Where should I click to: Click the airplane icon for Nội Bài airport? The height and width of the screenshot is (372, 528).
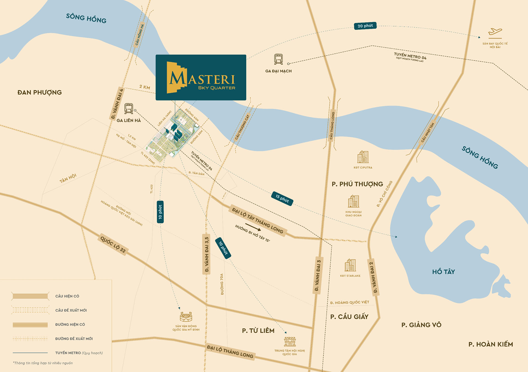click(x=495, y=33)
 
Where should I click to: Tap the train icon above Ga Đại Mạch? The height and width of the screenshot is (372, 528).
click(x=278, y=59)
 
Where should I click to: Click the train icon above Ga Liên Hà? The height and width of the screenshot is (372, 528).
click(x=128, y=108)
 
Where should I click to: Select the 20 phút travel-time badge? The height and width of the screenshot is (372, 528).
click(x=365, y=26)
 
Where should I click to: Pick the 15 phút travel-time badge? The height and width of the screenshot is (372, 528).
click(x=282, y=198)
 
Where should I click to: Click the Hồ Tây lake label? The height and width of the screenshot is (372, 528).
click(x=443, y=272)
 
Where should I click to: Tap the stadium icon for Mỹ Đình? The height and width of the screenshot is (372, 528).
click(x=186, y=317)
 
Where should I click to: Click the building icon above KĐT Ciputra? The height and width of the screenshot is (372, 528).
click(x=363, y=157)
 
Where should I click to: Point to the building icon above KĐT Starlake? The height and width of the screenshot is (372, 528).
click(x=350, y=265)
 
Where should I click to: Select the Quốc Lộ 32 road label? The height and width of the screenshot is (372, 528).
click(x=113, y=244)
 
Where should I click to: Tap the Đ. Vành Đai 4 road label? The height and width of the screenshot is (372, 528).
click(x=117, y=104)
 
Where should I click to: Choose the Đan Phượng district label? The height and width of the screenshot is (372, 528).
click(x=40, y=92)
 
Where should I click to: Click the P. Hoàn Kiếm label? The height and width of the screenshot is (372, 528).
click(x=491, y=344)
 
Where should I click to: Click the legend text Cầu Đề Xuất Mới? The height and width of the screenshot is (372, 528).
click(x=71, y=310)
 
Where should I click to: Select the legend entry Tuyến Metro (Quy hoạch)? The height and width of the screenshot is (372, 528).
click(x=79, y=353)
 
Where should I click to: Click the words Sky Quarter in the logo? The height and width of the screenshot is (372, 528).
click(x=216, y=88)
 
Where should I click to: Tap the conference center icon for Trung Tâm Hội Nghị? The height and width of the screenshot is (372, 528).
click(x=290, y=341)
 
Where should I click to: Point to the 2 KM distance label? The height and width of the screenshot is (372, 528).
click(x=145, y=87)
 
